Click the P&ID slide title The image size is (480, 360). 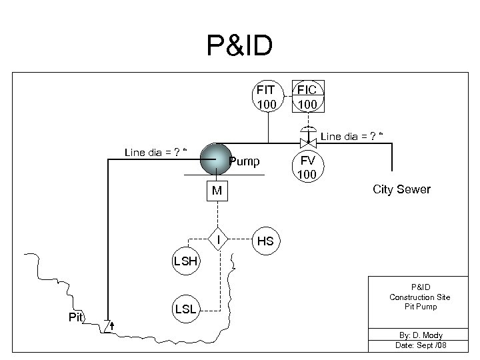239,47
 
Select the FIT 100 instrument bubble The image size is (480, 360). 267,98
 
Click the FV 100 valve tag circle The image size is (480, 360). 307,168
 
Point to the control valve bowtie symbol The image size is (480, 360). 307,143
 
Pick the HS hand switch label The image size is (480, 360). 265,241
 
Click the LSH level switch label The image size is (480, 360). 185,261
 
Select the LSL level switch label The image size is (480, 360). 185,309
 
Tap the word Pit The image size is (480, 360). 77,317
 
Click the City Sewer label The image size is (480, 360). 401,190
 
